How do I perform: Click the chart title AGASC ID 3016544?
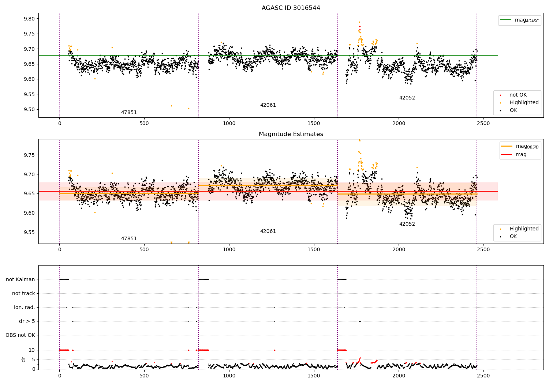[291, 8]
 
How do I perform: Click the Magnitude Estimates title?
[291, 134]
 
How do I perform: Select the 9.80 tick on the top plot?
[29, 19]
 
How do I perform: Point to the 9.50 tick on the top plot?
[29, 110]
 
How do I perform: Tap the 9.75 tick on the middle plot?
[29, 155]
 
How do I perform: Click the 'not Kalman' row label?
[20, 279]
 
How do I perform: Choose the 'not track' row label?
[23, 293]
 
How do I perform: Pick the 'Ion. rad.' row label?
[25, 307]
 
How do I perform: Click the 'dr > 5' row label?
[27, 321]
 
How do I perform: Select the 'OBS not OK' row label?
[20, 335]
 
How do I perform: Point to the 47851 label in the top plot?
[129, 113]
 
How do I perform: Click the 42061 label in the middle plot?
[268, 231]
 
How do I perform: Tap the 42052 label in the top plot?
[407, 98]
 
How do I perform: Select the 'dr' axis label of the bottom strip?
[24, 359]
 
